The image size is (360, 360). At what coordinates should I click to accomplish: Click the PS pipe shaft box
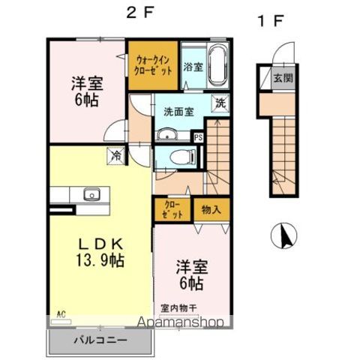point(199,137)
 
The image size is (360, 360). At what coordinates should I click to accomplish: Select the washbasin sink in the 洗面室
point(166,135)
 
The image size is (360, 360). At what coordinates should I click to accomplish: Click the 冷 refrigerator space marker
point(116,155)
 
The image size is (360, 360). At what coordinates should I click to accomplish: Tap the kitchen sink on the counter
point(91,195)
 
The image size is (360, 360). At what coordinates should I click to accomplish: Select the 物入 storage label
point(211,211)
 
